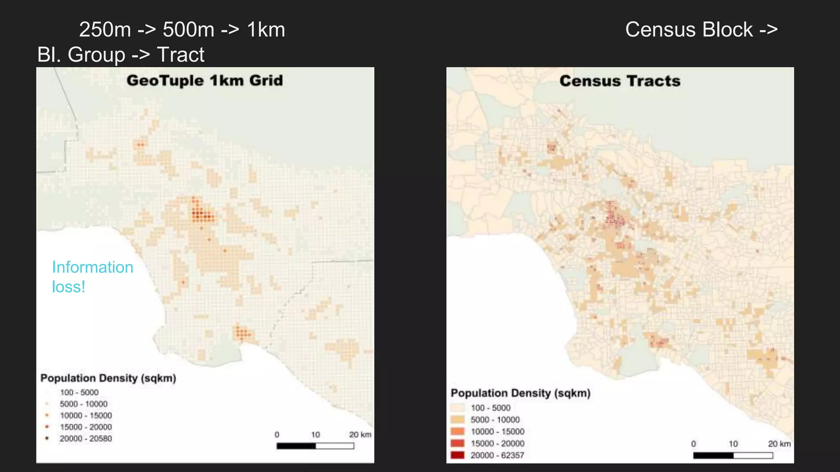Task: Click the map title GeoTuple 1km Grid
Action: click(x=205, y=80)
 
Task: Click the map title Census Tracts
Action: click(x=620, y=81)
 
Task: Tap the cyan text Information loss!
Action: click(x=92, y=277)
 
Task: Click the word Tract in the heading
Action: click(x=180, y=54)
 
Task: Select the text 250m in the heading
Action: click(x=105, y=29)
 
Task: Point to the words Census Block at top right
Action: click(x=689, y=29)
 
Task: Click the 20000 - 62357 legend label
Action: click(x=497, y=455)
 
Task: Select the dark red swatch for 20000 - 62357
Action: click(x=457, y=455)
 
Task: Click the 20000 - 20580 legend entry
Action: click(x=86, y=438)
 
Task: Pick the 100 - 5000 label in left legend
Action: click(x=79, y=393)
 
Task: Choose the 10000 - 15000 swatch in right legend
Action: click(x=457, y=431)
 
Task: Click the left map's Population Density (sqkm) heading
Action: click(x=108, y=378)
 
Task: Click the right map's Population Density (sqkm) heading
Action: click(x=520, y=393)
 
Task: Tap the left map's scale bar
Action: click(x=315, y=446)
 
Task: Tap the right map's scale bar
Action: click(x=733, y=455)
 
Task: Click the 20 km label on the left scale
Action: click(x=360, y=435)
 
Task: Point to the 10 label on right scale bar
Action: click(x=733, y=444)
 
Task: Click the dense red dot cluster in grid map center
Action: click(x=202, y=214)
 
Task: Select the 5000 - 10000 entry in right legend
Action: click(x=495, y=420)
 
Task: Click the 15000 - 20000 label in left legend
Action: click(x=86, y=427)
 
